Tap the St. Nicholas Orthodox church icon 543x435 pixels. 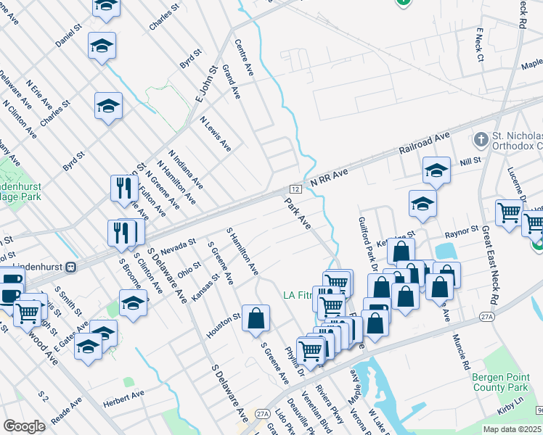[481, 138]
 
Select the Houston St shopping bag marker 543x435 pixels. [256, 318]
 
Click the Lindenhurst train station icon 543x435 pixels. [71, 267]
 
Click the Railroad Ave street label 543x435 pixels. [425, 144]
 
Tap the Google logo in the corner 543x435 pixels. [24, 426]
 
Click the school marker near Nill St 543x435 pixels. [436, 171]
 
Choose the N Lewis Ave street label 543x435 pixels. [216, 134]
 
